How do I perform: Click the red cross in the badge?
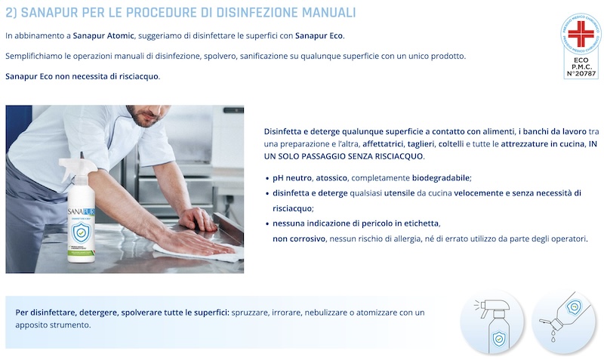(581, 33)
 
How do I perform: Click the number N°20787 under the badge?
(581, 73)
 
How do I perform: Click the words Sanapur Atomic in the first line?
(103, 35)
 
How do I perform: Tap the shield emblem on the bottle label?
(82, 232)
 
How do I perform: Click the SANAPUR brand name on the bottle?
(81, 212)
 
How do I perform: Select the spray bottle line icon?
(492, 325)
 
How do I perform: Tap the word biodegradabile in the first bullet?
(441, 178)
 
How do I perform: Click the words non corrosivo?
(299, 238)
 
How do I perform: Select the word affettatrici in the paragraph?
(384, 144)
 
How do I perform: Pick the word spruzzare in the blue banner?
(250, 312)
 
